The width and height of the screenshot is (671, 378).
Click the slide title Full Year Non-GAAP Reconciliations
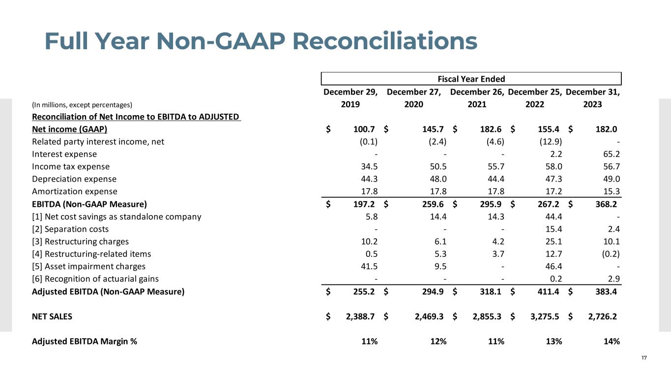click(x=261, y=41)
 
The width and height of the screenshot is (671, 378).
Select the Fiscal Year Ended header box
click(x=471, y=79)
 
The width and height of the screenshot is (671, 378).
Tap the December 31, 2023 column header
click(x=593, y=98)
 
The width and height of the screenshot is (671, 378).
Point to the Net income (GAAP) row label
click(x=70, y=129)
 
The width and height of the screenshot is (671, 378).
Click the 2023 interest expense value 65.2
click(x=610, y=154)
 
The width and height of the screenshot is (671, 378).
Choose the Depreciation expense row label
click(x=74, y=179)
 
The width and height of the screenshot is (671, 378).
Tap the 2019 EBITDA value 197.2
click(x=364, y=204)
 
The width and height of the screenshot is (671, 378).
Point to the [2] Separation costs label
click(x=70, y=229)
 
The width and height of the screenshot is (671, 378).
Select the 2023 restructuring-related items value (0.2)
click(x=609, y=254)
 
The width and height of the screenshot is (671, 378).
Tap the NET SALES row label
click(x=52, y=316)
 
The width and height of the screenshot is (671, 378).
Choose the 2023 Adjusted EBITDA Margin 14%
click(x=610, y=342)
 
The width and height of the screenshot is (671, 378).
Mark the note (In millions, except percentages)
click(x=83, y=105)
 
